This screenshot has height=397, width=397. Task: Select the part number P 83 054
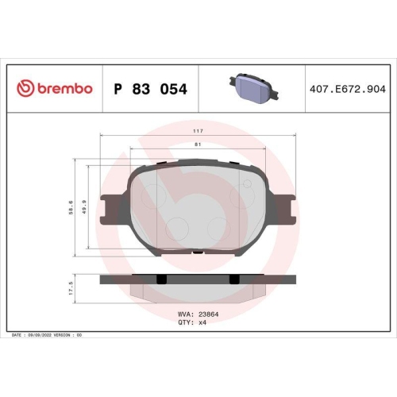click(151, 90)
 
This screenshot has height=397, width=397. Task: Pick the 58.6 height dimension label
click(71, 207)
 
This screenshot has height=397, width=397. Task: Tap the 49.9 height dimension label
click(84, 207)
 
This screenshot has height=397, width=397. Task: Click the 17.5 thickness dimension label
click(71, 287)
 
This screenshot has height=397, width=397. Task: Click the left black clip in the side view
click(162, 279)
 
